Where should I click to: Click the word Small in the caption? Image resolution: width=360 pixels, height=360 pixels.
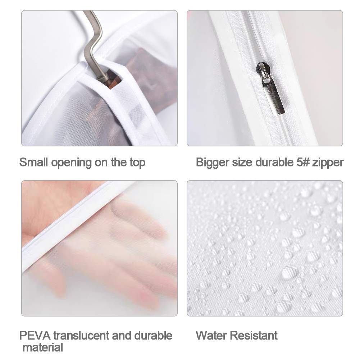click(33, 162)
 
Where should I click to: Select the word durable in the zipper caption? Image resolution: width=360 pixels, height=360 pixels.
click(274, 162)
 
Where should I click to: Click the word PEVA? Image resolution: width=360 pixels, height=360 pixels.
click(35, 336)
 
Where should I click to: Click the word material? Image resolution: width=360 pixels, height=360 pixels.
click(43, 347)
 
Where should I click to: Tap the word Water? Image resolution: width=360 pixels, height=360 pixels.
click(211, 336)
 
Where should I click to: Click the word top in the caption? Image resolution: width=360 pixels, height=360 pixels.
click(137, 163)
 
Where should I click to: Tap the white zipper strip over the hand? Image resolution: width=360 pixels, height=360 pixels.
click(69, 226)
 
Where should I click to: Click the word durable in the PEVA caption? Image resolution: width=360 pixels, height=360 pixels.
click(153, 336)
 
